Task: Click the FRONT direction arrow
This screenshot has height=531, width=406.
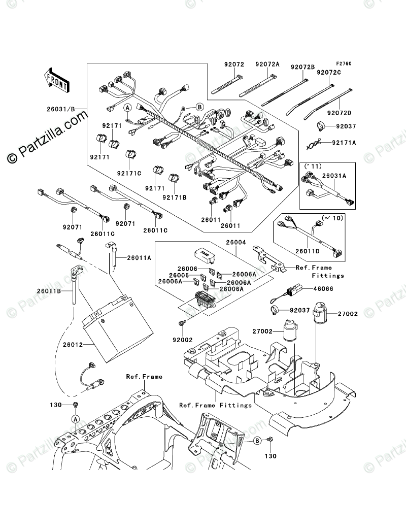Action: point(56,80)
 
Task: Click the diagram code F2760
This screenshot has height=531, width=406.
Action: point(344,63)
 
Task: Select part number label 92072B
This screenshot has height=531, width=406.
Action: point(302,67)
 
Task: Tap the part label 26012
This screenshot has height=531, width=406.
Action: point(73,345)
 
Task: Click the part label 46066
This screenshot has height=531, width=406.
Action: point(323,289)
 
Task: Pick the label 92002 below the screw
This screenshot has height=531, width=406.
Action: point(183,340)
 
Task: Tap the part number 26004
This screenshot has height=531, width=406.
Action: point(236,243)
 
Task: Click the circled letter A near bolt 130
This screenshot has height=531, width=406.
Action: point(76,419)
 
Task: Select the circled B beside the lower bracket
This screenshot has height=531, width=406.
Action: point(257,441)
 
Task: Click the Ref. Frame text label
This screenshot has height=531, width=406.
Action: point(144,377)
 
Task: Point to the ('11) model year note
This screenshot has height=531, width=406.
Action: point(313,167)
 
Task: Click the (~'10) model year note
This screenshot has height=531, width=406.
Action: point(332,218)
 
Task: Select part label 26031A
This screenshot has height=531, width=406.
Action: point(334,176)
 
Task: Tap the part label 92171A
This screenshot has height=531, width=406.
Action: point(344,143)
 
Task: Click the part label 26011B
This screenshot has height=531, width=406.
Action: point(49,291)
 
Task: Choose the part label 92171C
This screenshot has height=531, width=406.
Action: point(129,174)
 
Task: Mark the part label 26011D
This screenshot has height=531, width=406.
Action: point(308,251)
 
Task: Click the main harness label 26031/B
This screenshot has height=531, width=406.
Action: point(60,110)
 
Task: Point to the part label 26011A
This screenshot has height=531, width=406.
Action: point(139,258)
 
